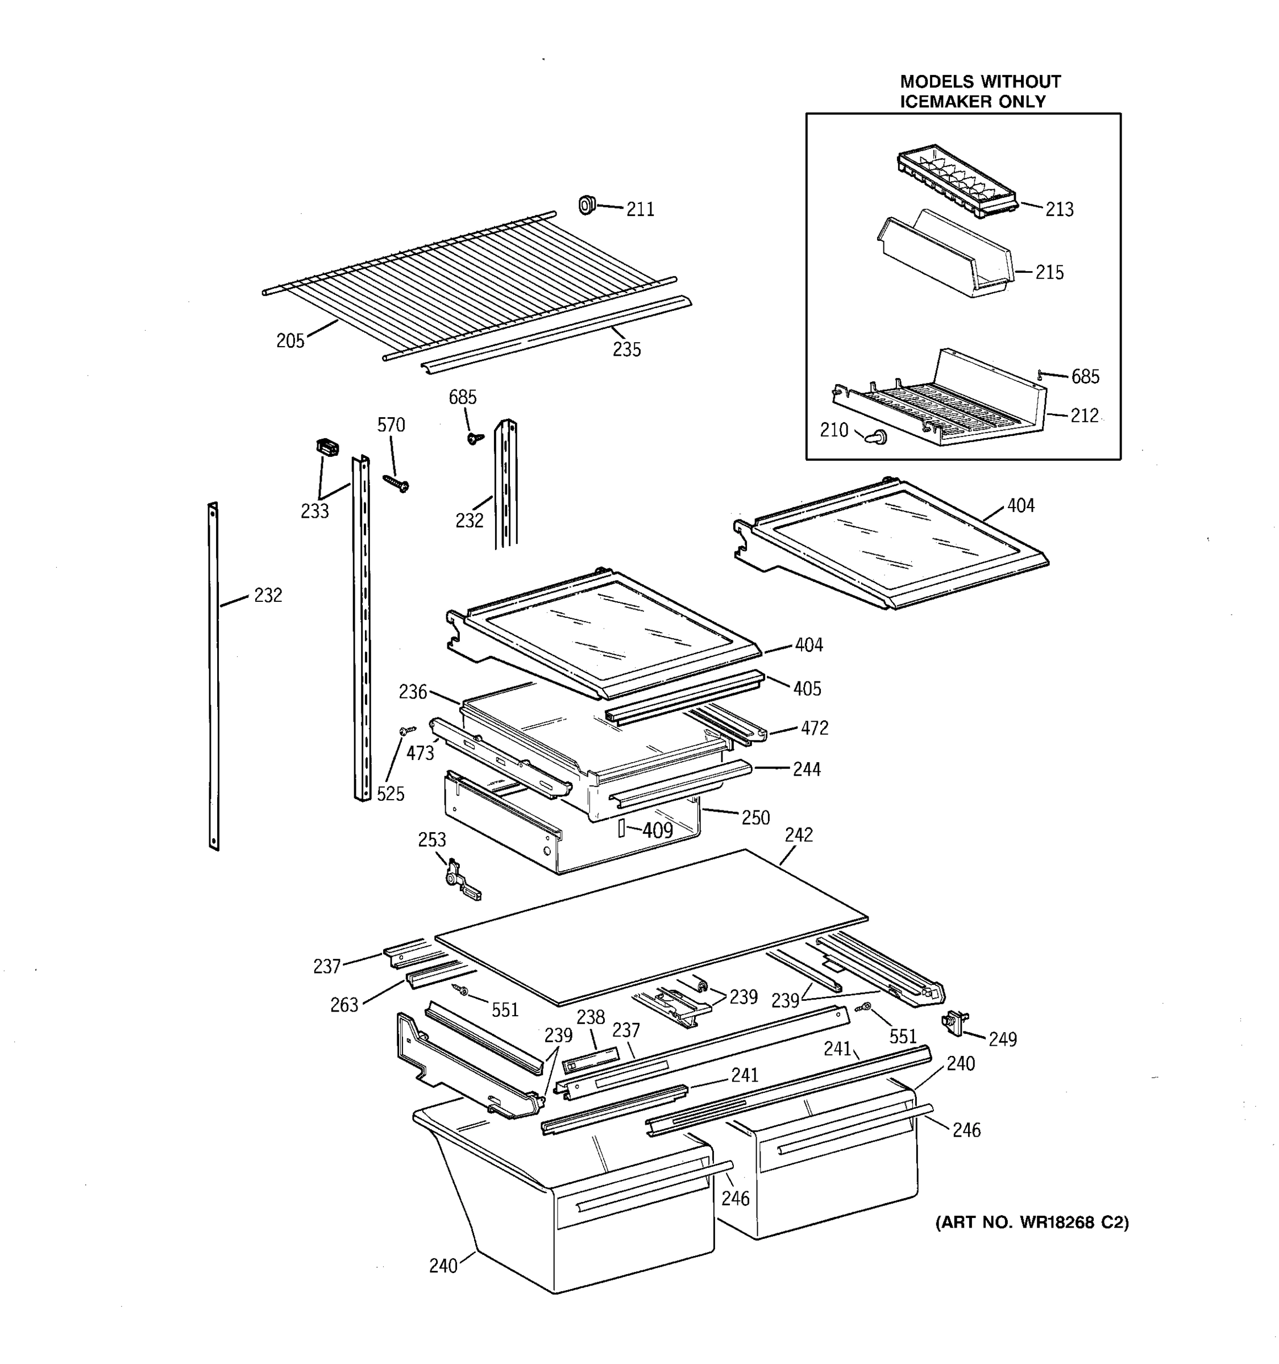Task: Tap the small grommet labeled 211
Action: tap(586, 205)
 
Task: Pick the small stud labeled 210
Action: tap(876, 436)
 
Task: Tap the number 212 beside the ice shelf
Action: tap(1084, 417)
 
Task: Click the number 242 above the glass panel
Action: tap(798, 835)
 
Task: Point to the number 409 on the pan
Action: tap(657, 831)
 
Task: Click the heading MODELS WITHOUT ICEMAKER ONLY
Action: tap(979, 92)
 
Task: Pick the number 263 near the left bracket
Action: tap(344, 1005)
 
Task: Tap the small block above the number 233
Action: tap(327, 448)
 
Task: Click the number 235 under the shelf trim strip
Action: tap(626, 350)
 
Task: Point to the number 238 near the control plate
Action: tap(590, 1017)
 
